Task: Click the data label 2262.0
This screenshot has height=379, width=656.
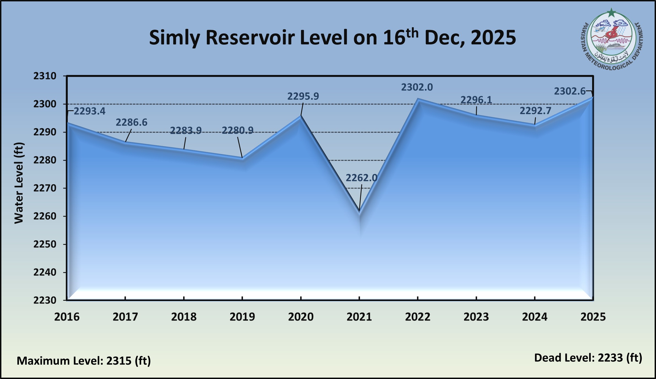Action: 361,178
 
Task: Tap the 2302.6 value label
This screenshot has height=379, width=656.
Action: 570,91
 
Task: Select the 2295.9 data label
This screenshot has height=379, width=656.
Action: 303,96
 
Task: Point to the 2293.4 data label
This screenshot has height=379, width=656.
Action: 90,111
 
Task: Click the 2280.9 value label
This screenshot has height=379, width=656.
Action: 237,130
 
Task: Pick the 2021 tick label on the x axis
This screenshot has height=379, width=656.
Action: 359,317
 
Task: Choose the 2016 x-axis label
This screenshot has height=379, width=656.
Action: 67,317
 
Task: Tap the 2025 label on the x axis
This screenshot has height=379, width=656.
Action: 593,317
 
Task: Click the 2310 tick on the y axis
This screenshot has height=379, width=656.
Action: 45,76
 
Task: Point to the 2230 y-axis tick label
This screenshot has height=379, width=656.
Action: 45,300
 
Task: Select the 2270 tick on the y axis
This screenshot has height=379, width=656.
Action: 45,188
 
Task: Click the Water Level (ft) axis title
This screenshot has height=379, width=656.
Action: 19,183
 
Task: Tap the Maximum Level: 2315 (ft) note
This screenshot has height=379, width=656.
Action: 84,361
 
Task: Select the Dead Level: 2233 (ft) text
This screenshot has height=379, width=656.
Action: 588,358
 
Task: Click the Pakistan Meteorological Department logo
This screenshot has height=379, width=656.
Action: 611,40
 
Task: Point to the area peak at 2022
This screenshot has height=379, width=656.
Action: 418,99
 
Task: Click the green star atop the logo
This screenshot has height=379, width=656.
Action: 611,12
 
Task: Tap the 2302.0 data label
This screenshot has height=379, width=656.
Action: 417,87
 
